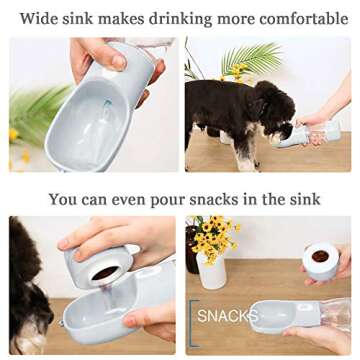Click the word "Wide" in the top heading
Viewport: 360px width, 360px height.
click(x=39, y=18)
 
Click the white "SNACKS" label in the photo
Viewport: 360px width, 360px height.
click(x=227, y=317)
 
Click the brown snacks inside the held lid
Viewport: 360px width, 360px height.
click(x=320, y=257)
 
